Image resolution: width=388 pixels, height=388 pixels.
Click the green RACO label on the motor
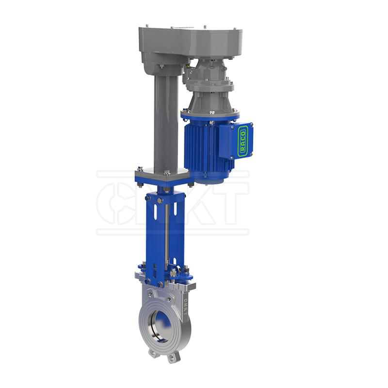(x=243, y=141)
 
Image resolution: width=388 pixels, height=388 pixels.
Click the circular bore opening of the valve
(x=160, y=323)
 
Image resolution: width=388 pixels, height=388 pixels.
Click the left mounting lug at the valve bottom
(x=154, y=353)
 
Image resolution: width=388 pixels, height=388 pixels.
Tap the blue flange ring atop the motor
(x=210, y=115)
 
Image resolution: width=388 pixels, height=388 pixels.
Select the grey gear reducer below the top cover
(x=209, y=78)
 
